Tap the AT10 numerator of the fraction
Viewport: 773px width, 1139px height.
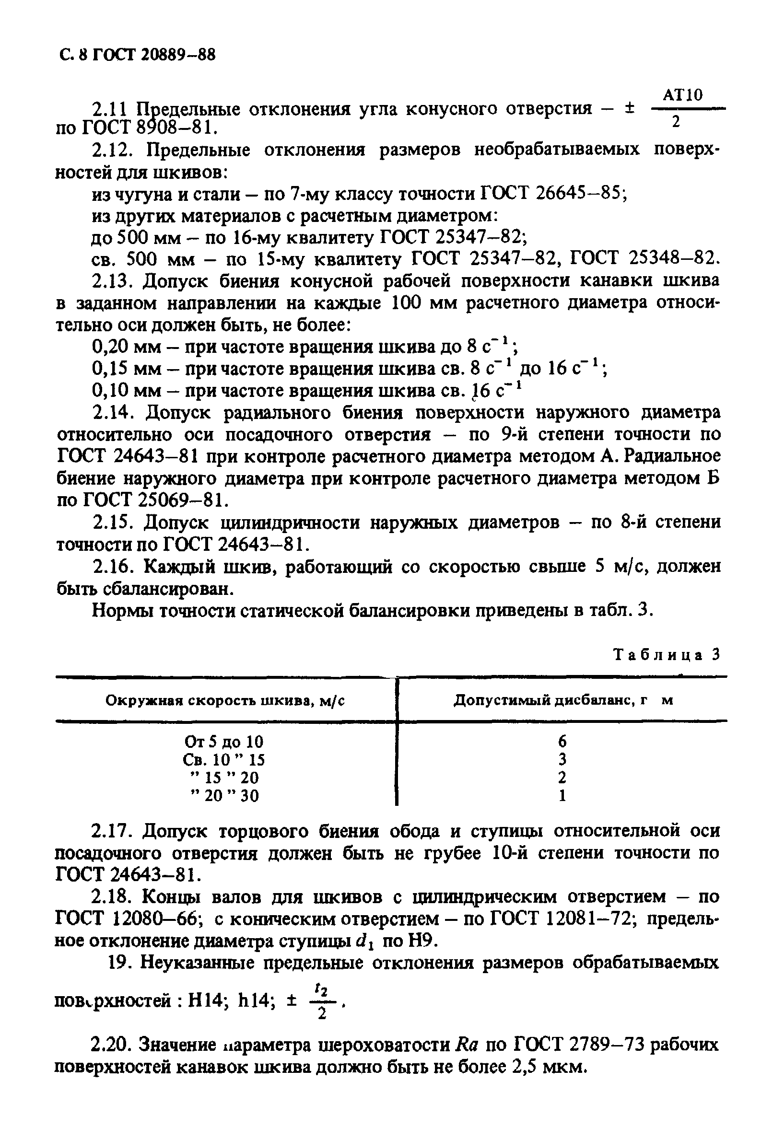tap(682, 94)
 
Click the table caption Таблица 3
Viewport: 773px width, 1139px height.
tap(667, 655)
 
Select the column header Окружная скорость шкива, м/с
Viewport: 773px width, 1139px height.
tap(225, 701)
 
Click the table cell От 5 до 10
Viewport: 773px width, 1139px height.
tap(223, 741)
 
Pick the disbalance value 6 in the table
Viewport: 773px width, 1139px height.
tap(562, 741)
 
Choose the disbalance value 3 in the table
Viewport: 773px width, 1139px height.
tap(562, 759)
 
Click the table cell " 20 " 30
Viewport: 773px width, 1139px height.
tap(223, 795)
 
